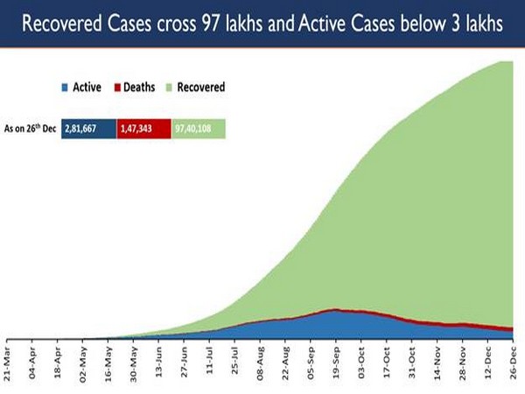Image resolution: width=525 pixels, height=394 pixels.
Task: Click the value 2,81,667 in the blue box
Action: pyautogui.click(x=88, y=129)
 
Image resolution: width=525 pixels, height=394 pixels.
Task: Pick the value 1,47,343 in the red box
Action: pyautogui.click(x=143, y=129)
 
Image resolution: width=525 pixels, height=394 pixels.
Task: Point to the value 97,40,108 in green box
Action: pyautogui.click(x=199, y=129)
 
